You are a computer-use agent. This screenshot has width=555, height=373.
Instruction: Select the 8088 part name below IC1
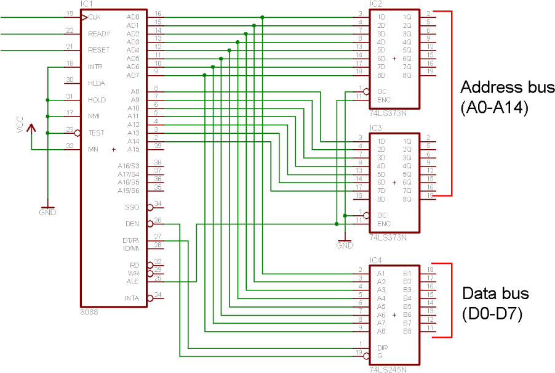(89, 312)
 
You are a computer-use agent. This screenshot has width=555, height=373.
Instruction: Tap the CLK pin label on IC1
(94, 17)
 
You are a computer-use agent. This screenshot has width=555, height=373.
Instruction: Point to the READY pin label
(99, 34)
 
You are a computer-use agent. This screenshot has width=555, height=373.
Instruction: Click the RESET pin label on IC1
(99, 51)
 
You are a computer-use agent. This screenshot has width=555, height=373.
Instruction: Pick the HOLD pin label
(97, 100)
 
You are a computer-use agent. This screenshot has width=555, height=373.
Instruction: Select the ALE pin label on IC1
(132, 281)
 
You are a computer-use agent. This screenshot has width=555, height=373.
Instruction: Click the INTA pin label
(132, 298)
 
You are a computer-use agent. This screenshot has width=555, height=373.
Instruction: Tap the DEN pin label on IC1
(132, 224)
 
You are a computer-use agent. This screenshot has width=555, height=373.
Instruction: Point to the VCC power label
(20, 125)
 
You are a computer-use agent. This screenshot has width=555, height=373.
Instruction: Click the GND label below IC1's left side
(47, 213)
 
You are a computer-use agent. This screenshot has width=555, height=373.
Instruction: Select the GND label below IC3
(345, 245)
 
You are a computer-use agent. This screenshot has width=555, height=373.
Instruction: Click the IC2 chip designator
(376, 4)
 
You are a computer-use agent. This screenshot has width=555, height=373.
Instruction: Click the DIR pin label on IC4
(382, 348)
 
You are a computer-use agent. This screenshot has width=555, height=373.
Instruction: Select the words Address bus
(507, 86)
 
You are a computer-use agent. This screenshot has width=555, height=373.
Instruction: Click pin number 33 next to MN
(70, 146)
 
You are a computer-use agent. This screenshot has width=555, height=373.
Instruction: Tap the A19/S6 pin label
(129, 191)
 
